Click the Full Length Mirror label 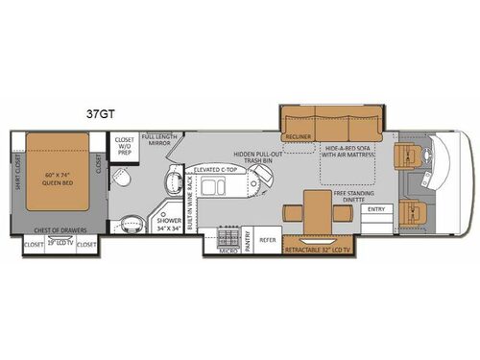point(158,142)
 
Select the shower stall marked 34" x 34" point(170,227)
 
